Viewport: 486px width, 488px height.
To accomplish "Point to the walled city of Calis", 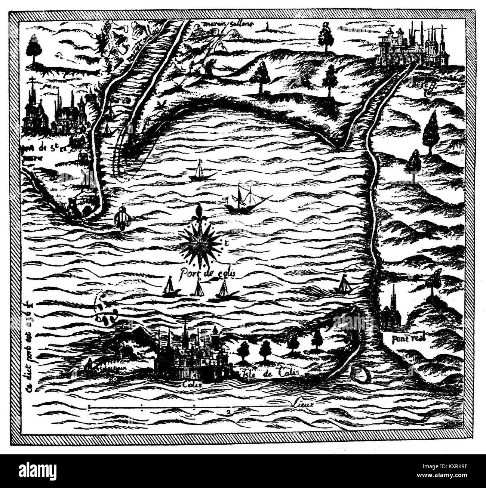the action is coord(191,355).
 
